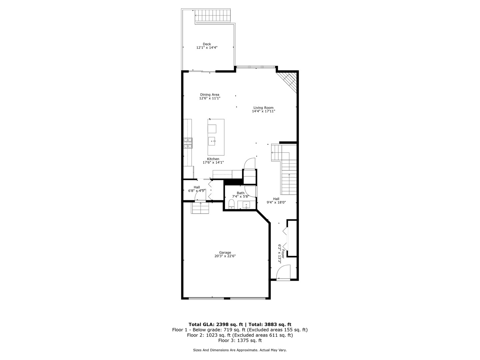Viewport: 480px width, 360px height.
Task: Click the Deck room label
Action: coord(207,44)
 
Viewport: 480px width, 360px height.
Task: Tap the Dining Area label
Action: coord(210,94)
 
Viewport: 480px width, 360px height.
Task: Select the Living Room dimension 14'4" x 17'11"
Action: coord(263,111)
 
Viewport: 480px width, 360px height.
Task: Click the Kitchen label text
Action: coord(213,159)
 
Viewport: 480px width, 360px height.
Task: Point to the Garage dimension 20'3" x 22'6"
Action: coord(225,256)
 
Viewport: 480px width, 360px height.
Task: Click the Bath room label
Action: coord(240,193)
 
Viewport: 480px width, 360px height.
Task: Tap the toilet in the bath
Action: coord(232,204)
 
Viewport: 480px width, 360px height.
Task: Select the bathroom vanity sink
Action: coord(246,205)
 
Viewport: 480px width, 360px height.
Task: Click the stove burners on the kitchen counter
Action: coord(188,143)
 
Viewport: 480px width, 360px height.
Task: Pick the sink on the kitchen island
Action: coord(212,141)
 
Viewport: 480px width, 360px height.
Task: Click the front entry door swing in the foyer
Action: coord(284,272)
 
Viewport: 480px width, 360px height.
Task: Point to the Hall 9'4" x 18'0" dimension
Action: coord(276,202)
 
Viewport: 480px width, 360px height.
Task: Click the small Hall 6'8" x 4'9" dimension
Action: coord(197,191)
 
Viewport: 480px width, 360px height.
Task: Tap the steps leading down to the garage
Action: coord(200,208)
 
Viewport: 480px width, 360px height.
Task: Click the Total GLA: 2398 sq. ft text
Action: coord(216,324)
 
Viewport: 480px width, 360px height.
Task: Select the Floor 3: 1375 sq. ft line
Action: coord(240,341)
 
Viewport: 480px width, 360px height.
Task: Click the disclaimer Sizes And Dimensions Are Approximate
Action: coord(240,350)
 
